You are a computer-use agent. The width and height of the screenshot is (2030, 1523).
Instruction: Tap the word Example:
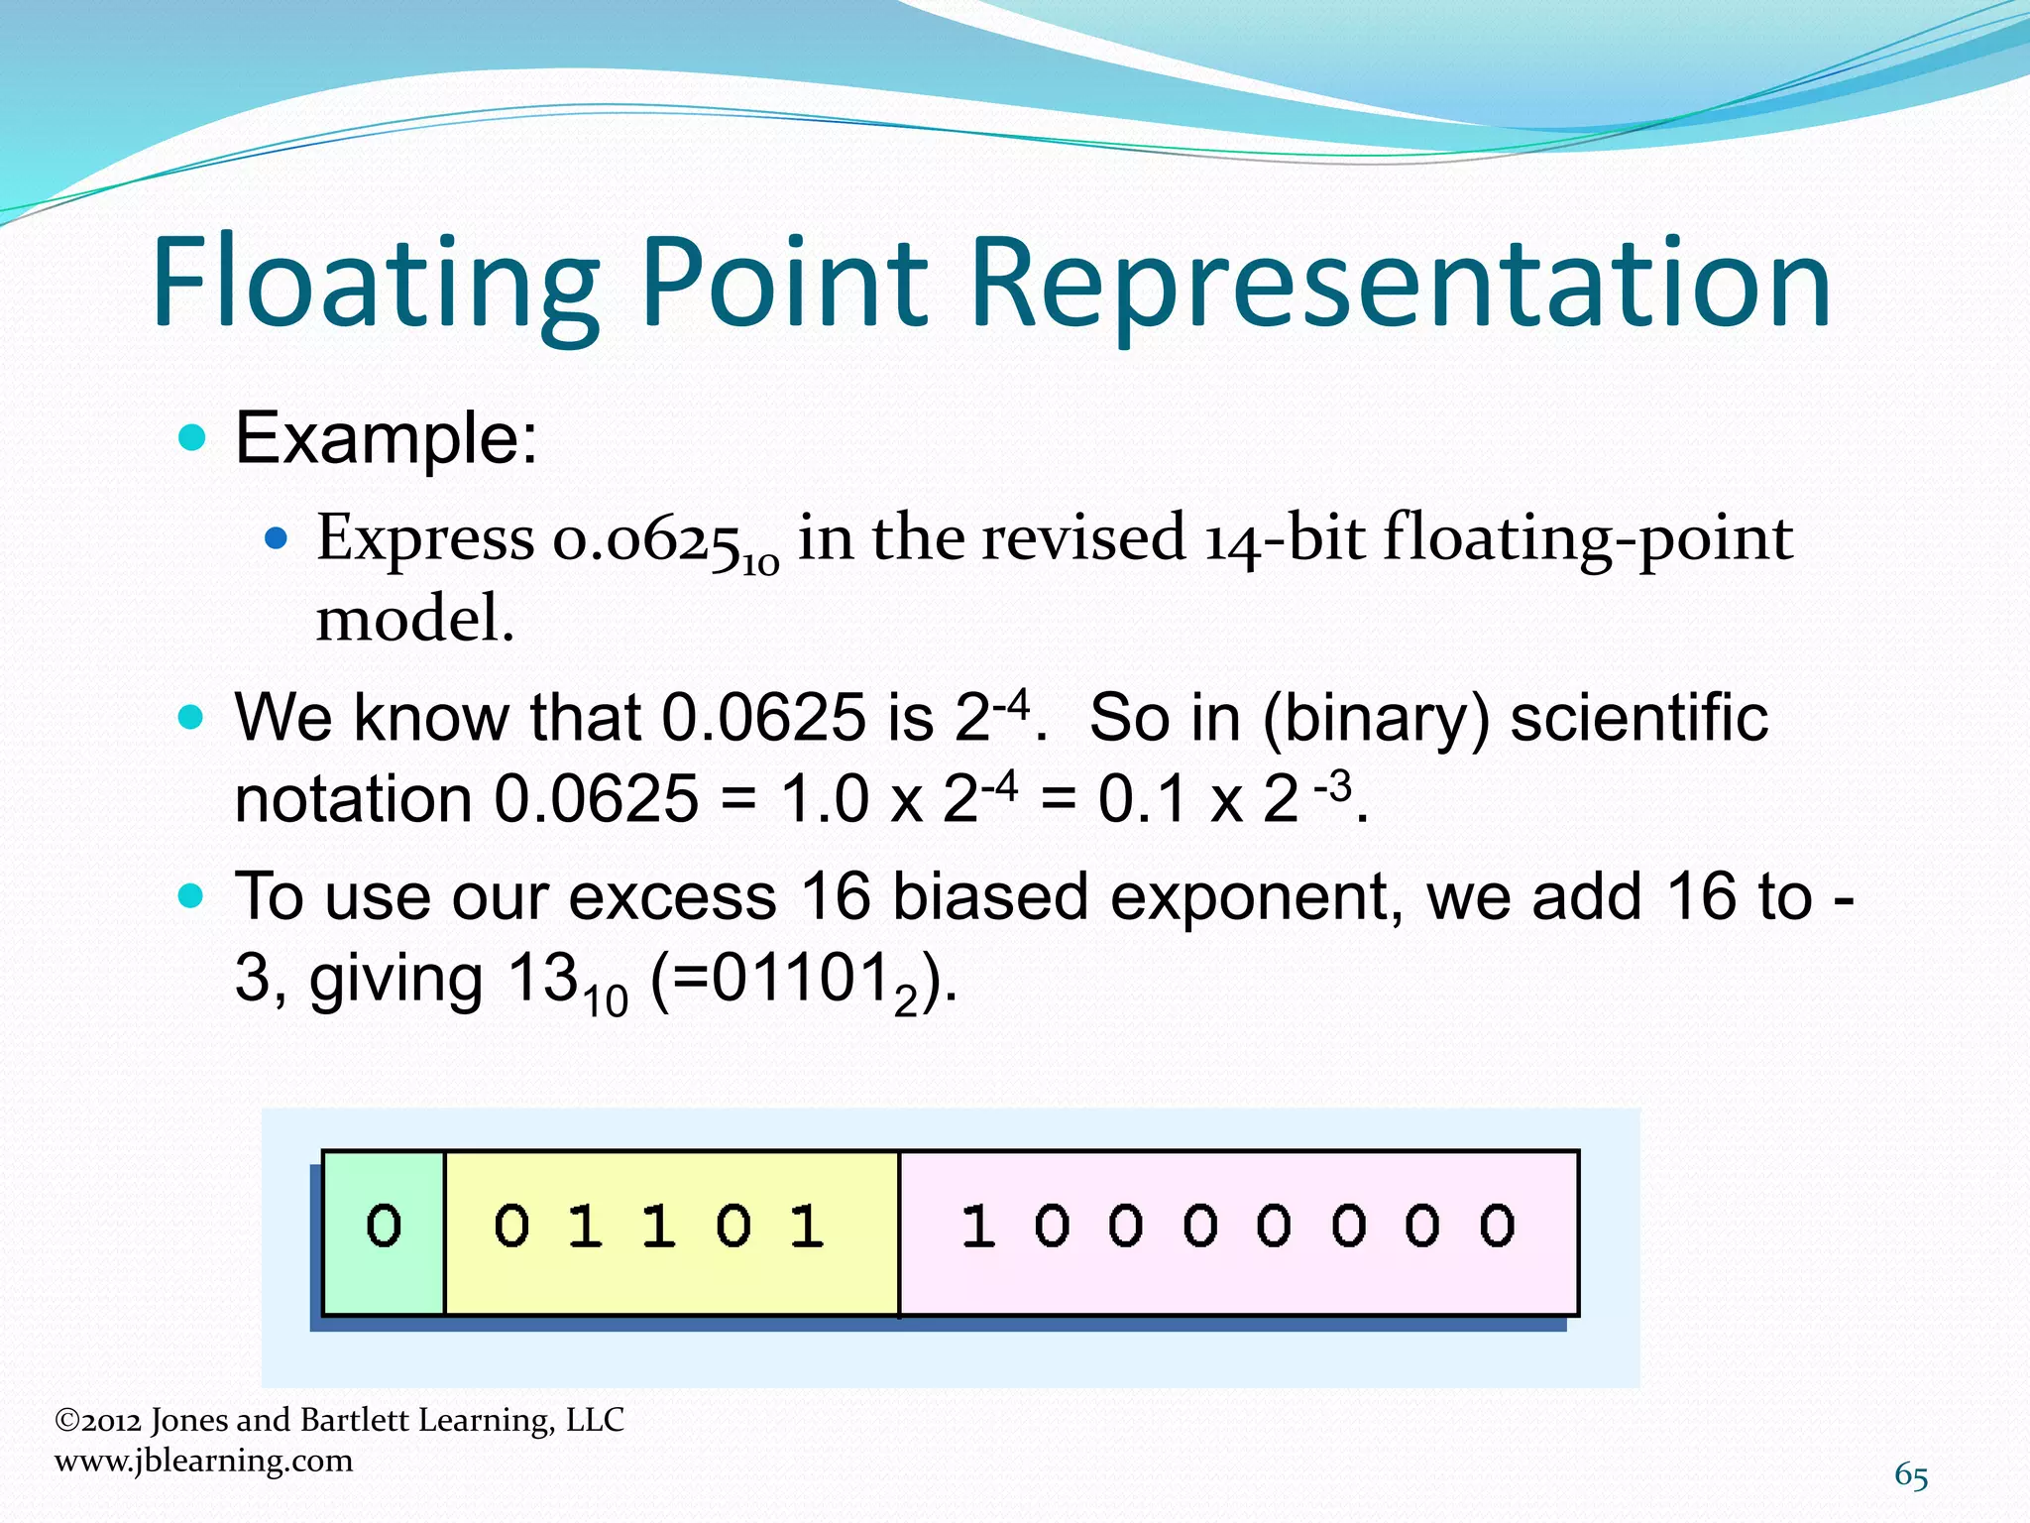click(x=387, y=438)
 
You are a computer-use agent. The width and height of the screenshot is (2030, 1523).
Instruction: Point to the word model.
click(x=414, y=620)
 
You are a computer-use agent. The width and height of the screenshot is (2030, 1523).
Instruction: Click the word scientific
click(x=1638, y=718)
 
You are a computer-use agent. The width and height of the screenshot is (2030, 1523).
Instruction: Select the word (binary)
click(x=1376, y=718)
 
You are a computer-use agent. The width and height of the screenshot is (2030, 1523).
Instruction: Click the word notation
click(x=352, y=799)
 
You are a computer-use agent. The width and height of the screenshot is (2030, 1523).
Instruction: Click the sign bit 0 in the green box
click(x=384, y=1227)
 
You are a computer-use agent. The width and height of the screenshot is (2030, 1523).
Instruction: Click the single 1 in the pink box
click(x=977, y=1227)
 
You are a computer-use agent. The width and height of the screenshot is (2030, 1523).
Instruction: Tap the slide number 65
click(x=1911, y=1475)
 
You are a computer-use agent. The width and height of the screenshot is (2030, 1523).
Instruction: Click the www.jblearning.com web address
click(x=203, y=1461)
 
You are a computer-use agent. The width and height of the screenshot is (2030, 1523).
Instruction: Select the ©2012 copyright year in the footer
click(x=98, y=1421)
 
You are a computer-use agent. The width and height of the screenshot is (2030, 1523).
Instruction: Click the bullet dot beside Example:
click(x=191, y=437)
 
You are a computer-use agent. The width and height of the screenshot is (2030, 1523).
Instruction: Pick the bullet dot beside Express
click(x=277, y=539)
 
